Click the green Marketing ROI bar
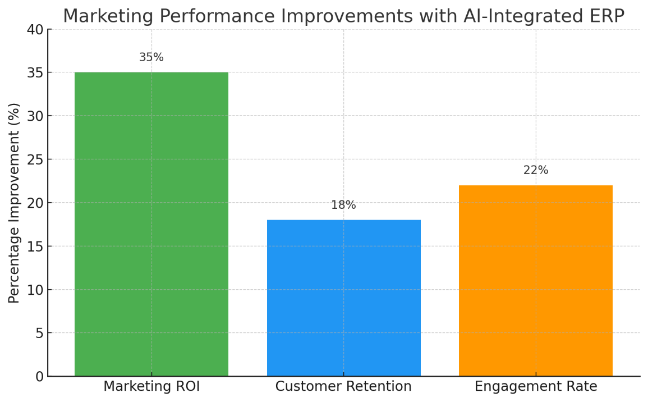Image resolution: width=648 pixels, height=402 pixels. click(x=151, y=224)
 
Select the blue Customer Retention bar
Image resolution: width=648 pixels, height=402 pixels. click(x=343, y=298)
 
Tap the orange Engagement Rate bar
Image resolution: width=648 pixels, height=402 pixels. click(x=536, y=280)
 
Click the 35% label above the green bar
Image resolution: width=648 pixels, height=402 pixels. click(x=151, y=57)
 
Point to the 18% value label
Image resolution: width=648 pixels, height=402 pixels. click(x=343, y=205)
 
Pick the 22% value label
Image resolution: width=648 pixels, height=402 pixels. click(x=536, y=170)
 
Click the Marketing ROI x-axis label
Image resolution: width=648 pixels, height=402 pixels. click(x=151, y=386)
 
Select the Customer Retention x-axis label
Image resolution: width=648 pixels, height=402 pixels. click(x=343, y=386)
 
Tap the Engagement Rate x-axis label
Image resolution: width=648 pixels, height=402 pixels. click(x=536, y=386)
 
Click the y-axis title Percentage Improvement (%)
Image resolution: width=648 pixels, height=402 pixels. click(x=14, y=203)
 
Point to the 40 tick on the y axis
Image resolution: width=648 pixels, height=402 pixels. click(x=35, y=29)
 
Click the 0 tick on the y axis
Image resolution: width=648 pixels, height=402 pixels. click(x=39, y=376)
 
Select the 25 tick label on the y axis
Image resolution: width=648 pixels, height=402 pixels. click(x=35, y=159)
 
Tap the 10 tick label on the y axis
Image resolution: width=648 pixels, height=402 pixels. click(x=35, y=290)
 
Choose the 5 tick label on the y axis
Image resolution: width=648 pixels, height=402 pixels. click(x=39, y=334)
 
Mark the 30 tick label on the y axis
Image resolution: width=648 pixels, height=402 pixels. click(x=35, y=116)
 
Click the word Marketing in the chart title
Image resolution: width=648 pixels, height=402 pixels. click(x=108, y=16)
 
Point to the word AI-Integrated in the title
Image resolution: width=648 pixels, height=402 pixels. click(x=522, y=16)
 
